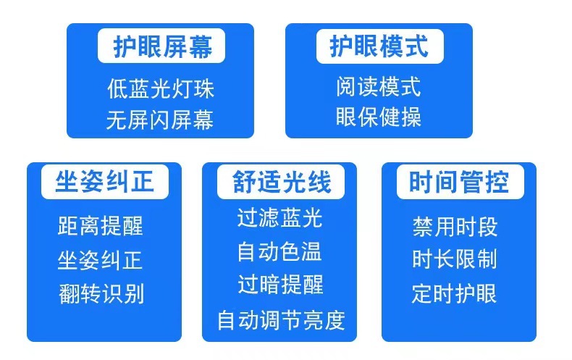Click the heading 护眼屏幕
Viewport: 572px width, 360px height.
[162, 47]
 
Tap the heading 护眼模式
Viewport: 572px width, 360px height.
[379, 47]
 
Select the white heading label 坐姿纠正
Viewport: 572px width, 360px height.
[105, 182]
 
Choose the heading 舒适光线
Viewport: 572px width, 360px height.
[281, 182]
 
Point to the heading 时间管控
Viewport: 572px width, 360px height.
[459, 182]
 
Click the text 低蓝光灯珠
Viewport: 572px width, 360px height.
[161, 88]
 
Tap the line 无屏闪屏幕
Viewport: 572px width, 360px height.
[160, 120]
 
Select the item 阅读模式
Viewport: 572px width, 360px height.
[379, 86]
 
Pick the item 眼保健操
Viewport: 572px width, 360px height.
[379, 117]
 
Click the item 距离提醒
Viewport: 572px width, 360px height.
[101, 226]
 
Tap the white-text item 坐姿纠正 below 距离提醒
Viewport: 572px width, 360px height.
[100, 260]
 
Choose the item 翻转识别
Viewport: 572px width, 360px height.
[101, 293]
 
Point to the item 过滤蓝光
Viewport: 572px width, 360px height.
[279, 218]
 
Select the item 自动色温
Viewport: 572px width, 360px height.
[279, 251]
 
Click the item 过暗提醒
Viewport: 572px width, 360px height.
[280, 285]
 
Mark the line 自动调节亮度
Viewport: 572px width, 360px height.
[281, 320]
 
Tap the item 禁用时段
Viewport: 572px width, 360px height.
[455, 227]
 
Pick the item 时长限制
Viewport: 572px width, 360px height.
[455, 259]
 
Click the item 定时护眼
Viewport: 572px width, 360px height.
[454, 293]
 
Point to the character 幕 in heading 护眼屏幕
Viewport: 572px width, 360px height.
[201, 47]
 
